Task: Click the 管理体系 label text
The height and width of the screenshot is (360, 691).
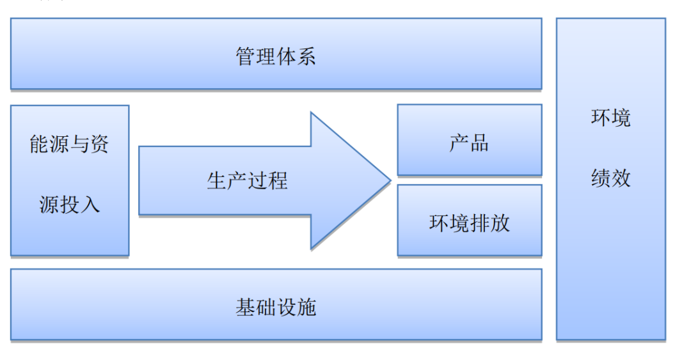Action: coord(276,56)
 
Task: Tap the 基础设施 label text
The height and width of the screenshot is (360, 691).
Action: coord(276,308)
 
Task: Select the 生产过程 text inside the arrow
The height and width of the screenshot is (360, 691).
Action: coord(247,180)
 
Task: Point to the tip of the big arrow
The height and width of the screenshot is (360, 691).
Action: coord(389,180)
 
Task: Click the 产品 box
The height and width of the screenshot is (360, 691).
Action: coord(469,141)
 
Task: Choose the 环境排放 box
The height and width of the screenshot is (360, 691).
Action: coord(469,221)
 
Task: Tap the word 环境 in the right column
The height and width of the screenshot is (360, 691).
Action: coord(610,118)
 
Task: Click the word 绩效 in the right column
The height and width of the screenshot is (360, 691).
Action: coord(610,178)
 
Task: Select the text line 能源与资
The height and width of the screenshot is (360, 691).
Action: coord(69,145)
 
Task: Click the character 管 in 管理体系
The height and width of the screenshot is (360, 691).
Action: coord(246,56)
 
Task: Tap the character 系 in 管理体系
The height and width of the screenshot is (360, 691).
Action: coord(306,56)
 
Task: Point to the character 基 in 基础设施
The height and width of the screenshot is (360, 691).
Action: coord(246,308)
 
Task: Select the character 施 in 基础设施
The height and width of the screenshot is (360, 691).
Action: coord(306,308)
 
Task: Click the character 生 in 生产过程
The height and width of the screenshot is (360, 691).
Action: coord(217,180)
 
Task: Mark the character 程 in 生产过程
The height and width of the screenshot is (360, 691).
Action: coord(277,180)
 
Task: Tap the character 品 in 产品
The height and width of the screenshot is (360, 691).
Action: coord(479,143)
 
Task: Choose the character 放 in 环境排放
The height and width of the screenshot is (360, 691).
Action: coord(499,223)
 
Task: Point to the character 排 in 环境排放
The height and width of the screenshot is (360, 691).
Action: coord(479,223)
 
